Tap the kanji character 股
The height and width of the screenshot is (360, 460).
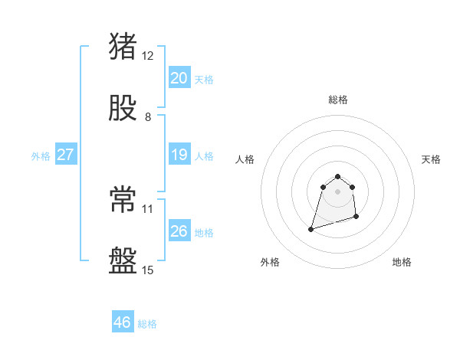(x=123, y=108)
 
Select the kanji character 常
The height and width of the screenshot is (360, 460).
(x=123, y=200)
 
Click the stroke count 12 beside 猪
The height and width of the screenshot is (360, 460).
(x=148, y=55)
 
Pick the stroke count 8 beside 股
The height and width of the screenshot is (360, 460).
(x=148, y=117)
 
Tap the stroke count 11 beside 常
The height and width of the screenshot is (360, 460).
(x=148, y=208)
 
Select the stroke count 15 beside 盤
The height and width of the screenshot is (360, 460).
(x=148, y=270)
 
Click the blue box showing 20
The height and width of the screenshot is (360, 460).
(x=179, y=78)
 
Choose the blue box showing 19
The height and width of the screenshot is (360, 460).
(x=179, y=155)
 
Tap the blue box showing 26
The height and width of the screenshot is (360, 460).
(x=179, y=231)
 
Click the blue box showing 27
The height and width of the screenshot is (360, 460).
(x=65, y=155)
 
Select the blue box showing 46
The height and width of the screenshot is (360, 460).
(x=122, y=322)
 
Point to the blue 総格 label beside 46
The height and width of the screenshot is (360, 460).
(x=147, y=324)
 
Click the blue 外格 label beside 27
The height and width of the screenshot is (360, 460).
(x=41, y=156)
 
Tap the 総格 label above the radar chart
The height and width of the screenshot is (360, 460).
(x=338, y=100)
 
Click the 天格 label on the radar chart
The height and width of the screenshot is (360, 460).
(x=432, y=159)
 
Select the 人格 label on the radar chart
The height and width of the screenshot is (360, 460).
(x=245, y=159)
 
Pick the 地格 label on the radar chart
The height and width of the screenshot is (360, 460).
(x=402, y=262)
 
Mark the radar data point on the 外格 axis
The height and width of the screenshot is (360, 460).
(x=311, y=228)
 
